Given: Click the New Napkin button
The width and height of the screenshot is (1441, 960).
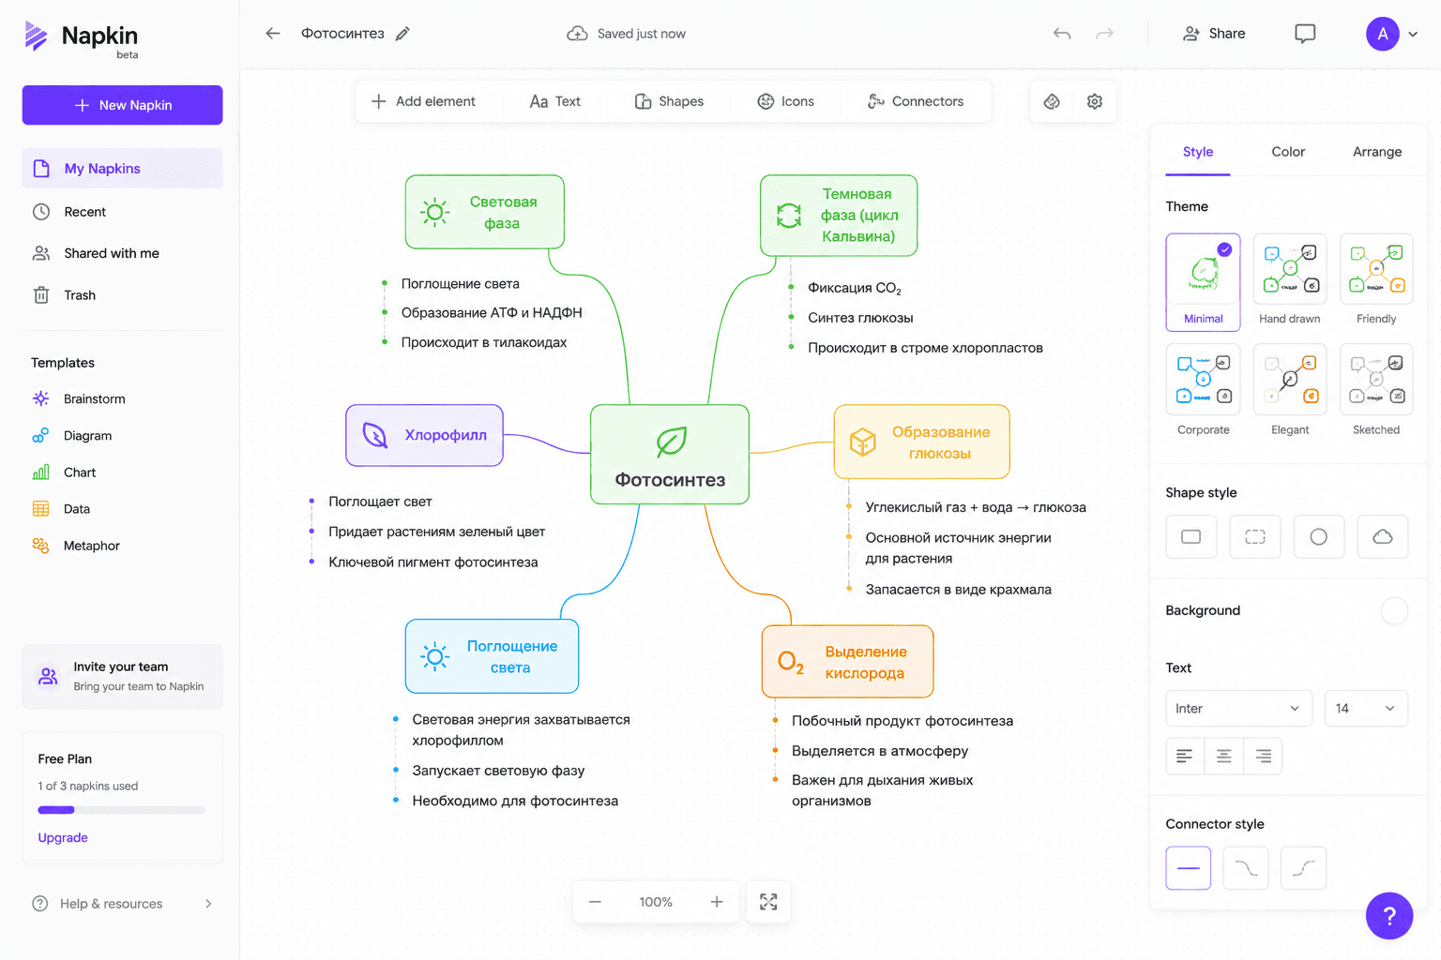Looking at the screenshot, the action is [x=122, y=105].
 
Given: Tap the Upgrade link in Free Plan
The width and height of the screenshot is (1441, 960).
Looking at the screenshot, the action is [x=63, y=837].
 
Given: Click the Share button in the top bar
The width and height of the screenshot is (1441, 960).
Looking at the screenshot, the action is [x=1214, y=34].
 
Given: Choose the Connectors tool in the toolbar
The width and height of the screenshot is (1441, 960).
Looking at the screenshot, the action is [x=915, y=101].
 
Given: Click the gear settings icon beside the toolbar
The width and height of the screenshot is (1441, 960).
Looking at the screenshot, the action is [x=1094, y=101].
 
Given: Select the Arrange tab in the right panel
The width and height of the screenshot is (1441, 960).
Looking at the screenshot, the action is [x=1376, y=152].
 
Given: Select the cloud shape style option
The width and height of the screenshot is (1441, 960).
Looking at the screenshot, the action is [x=1383, y=536].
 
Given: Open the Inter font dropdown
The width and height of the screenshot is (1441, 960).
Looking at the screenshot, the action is [x=1238, y=708].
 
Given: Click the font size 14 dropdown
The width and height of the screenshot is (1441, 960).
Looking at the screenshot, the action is [x=1366, y=708].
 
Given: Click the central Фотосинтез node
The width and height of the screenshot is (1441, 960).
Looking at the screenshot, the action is [x=670, y=455].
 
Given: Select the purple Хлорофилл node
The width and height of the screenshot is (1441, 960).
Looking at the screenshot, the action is [x=425, y=435].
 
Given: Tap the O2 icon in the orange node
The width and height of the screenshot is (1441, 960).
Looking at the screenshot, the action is [x=791, y=662].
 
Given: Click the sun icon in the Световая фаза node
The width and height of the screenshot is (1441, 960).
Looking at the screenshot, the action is [x=435, y=212].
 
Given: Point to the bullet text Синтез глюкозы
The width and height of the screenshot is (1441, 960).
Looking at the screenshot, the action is [x=860, y=318].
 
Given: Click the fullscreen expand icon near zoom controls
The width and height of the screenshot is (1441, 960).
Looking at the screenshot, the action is [x=768, y=902].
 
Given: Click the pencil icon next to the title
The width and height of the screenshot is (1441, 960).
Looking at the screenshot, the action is [x=402, y=34].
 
